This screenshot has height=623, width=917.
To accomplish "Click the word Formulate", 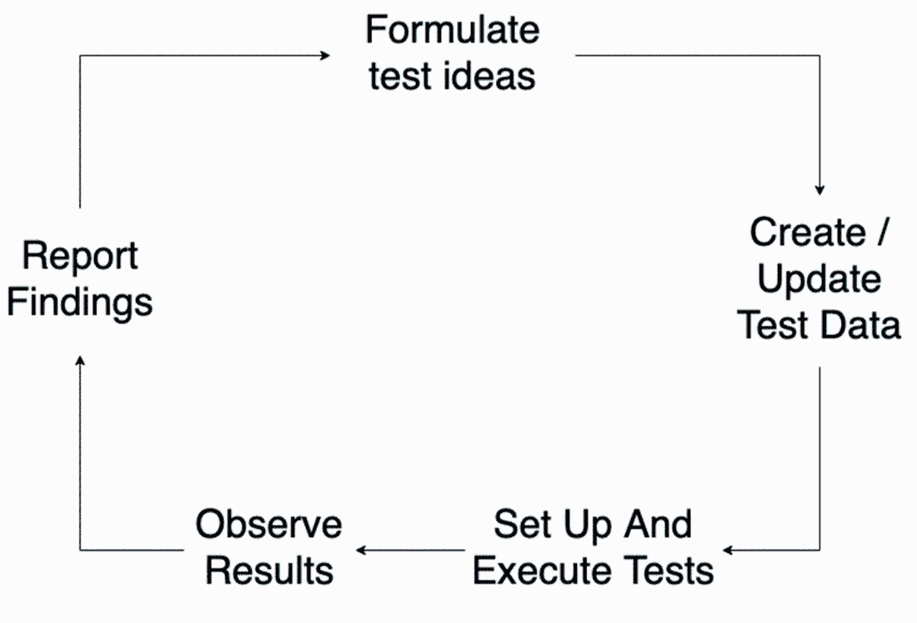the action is click(x=452, y=32).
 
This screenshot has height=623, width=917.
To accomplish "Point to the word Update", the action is click(x=819, y=280).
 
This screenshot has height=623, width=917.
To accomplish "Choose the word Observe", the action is click(x=268, y=525).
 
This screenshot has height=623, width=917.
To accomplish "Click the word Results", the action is click(x=269, y=571).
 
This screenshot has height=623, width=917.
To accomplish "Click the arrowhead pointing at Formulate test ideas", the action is click(x=325, y=56).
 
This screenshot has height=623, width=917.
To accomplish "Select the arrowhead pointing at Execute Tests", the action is click(x=728, y=550).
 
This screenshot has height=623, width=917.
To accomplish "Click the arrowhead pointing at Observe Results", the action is click(x=361, y=550).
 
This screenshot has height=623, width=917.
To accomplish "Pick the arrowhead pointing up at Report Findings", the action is click(x=80, y=359).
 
